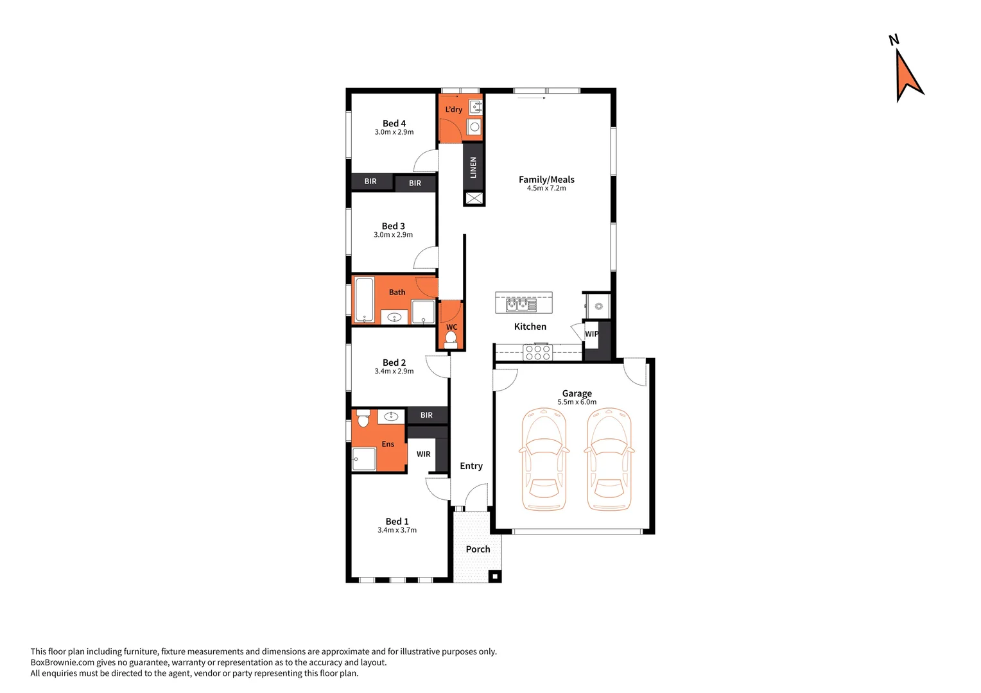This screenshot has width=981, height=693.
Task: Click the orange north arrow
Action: pyautogui.click(x=908, y=74)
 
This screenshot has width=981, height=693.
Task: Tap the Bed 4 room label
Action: pyautogui.click(x=394, y=123)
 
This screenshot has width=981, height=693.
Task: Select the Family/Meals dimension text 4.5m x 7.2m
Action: pyautogui.click(x=546, y=189)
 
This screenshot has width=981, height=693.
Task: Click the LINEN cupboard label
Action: pyautogui.click(x=473, y=167)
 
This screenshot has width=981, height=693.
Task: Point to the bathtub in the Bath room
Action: pyautogui.click(x=365, y=300)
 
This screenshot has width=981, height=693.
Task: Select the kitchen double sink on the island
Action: pyautogui.click(x=521, y=304)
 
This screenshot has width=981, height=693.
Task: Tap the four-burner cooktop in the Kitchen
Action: pyautogui.click(x=537, y=352)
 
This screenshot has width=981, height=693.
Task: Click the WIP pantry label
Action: pyautogui.click(x=591, y=334)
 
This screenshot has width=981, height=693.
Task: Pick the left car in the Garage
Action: pyautogui.click(x=544, y=459)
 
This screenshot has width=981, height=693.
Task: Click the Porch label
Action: pyautogui.click(x=478, y=549)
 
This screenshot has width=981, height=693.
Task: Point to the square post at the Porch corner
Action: pyautogui.click(x=494, y=576)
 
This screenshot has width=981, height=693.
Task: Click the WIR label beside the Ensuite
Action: pyautogui.click(x=424, y=454)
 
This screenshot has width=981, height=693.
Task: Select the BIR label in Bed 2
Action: pyautogui.click(x=426, y=415)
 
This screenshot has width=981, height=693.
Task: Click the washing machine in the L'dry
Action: pyautogui.click(x=474, y=127)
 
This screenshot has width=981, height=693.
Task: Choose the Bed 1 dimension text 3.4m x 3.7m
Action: pyautogui.click(x=397, y=531)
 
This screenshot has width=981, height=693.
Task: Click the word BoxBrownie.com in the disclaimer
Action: pyautogui.click(x=62, y=662)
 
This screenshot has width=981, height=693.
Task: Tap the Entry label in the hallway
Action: pyautogui.click(x=471, y=466)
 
